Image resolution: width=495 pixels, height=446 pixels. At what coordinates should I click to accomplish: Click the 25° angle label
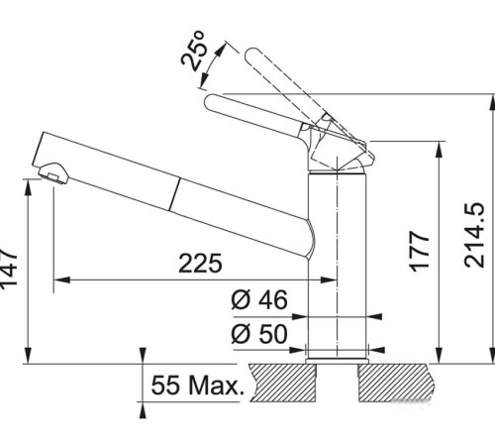pyautogui.click(x=195, y=50)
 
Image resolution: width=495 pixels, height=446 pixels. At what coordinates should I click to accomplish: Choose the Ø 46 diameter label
pyautogui.click(x=258, y=300)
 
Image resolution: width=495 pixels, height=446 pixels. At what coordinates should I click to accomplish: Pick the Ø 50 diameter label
pyautogui.click(x=258, y=334)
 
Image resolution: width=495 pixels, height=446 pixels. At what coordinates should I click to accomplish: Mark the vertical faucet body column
pyautogui.click(x=337, y=258)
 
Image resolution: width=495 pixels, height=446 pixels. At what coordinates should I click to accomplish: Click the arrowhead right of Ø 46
pyautogui.click(x=374, y=317)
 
